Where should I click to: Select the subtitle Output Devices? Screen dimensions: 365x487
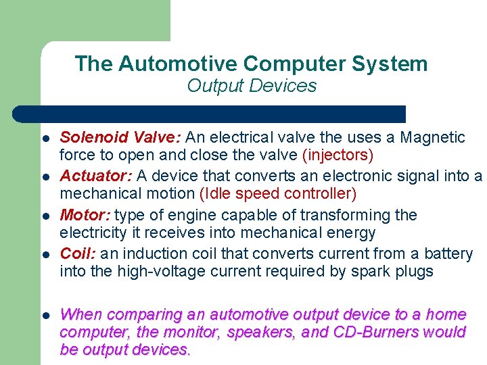coord(252,86)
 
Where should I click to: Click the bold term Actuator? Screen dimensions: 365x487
coord(96,176)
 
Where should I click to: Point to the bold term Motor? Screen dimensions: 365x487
coord(85,216)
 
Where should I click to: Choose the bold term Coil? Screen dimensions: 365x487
coord(78,254)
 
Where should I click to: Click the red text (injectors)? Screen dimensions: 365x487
coord(339,155)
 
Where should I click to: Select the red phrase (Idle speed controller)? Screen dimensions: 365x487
coord(277,194)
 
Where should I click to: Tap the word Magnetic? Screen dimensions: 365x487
coord(433,138)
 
